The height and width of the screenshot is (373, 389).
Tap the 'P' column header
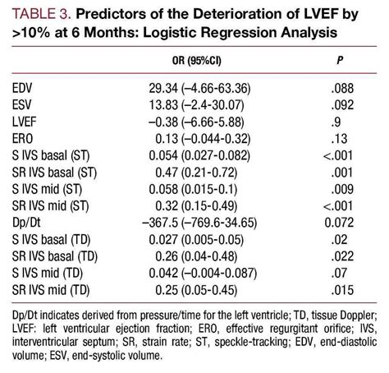340,62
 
